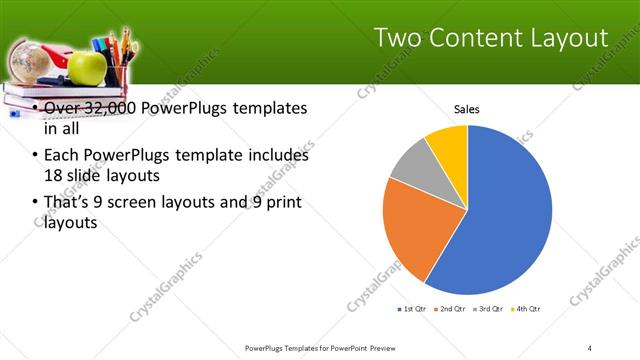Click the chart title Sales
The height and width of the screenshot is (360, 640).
pyautogui.click(x=467, y=108)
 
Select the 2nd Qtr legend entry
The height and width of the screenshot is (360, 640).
pyautogui.click(x=450, y=308)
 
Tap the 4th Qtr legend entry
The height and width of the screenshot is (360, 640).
pyautogui.click(x=526, y=308)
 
